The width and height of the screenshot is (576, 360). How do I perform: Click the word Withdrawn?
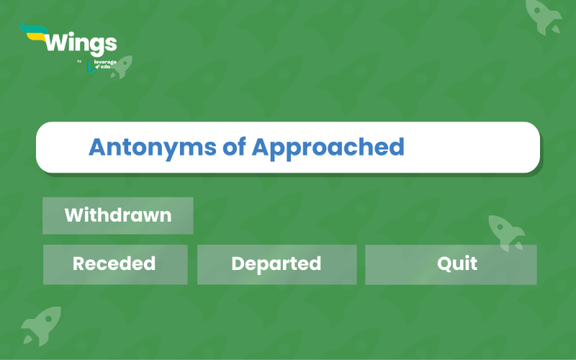[118, 215]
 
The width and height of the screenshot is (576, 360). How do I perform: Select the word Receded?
[114, 264]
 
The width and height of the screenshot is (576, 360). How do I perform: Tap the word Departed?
[276, 264]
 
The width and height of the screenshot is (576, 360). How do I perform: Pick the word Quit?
[457, 264]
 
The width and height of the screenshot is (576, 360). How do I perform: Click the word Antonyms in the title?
[152, 148]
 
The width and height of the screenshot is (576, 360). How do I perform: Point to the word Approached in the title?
[328, 148]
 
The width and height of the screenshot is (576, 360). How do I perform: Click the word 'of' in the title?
[234, 147]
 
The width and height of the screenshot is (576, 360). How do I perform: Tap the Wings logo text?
[81, 43]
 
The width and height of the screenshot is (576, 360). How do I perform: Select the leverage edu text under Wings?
[104, 64]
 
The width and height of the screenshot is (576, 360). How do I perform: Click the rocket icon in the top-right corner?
[543, 17]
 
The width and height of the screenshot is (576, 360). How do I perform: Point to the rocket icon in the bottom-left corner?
[42, 325]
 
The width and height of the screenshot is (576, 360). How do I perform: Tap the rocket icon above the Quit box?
[506, 233]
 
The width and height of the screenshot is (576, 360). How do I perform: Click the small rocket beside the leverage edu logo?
[122, 67]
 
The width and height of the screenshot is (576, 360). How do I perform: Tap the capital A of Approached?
[261, 147]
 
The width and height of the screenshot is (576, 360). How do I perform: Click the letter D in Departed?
[238, 264]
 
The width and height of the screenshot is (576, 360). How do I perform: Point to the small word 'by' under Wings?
[79, 61]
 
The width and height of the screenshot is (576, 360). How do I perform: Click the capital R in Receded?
[79, 264]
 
